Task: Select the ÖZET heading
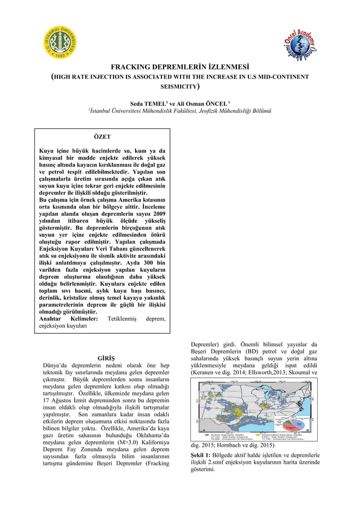pos(102,137)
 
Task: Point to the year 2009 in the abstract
pos(157,215)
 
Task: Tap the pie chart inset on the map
pos(296,422)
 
